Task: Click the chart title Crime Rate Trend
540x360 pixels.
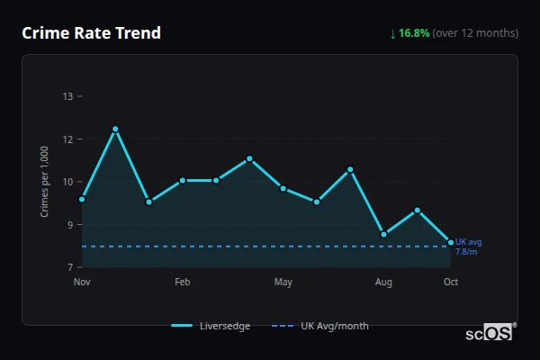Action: [x=91, y=33]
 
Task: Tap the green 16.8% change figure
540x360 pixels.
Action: [x=414, y=33]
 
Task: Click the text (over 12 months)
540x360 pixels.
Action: [x=475, y=33]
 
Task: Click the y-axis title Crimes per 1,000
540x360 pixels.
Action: [x=44, y=182]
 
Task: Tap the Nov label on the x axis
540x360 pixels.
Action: [x=82, y=283]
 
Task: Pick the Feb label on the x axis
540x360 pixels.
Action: [x=182, y=283]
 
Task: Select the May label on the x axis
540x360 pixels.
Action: [x=283, y=283]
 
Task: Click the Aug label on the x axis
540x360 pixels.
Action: [x=383, y=283]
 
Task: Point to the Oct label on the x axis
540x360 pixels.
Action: [x=451, y=283]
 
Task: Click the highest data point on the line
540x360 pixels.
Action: [x=115, y=129]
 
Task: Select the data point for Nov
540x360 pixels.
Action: [x=82, y=199]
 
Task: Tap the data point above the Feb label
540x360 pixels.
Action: [x=182, y=180]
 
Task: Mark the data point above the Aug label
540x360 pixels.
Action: [x=383, y=234]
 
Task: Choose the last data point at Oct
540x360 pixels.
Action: [x=451, y=241]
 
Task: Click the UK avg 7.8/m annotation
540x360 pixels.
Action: [x=468, y=247]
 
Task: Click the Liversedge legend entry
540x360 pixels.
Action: [x=211, y=326]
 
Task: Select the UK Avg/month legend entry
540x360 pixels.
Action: [x=319, y=326]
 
